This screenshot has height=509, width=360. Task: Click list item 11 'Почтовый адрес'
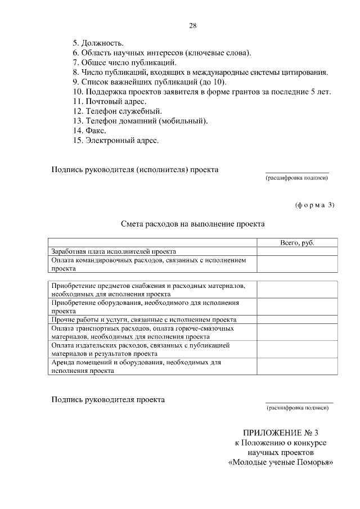pyautogui.click(x=110, y=101)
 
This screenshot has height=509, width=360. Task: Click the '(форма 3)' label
pyautogui.click(x=314, y=205)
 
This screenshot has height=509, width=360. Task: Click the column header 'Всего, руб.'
pyautogui.click(x=297, y=242)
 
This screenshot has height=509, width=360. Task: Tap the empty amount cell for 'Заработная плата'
pyautogui.click(x=297, y=251)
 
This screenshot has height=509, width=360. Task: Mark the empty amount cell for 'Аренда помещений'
pyautogui.click(x=297, y=367)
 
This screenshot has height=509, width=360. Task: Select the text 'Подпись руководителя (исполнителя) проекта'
pyautogui.click(x=135, y=169)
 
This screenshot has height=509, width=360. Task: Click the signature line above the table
pyautogui.click(x=296, y=173)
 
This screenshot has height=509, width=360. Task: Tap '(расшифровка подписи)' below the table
pyautogui.click(x=298, y=408)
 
